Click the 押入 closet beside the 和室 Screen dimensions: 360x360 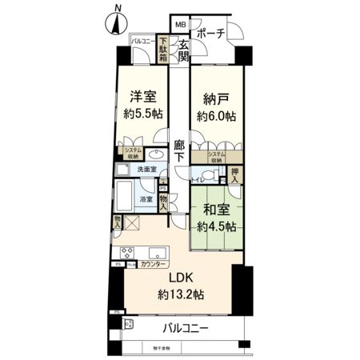(235, 174)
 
